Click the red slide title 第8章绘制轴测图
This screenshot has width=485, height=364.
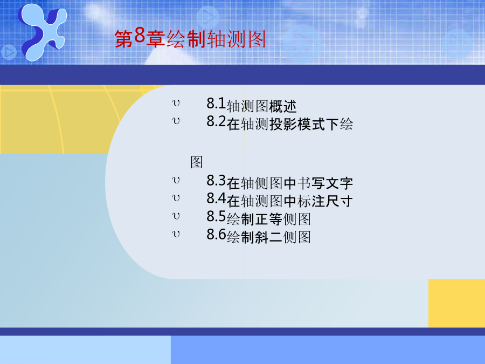click(x=190, y=39)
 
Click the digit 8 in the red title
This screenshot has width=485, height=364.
click(x=140, y=36)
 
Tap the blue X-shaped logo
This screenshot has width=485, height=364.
click(x=43, y=32)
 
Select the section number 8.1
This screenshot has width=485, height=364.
click(x=216, y=104)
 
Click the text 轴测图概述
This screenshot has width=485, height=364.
click(x=262, y=106)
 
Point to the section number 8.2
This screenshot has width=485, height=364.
click(x=216, y=121)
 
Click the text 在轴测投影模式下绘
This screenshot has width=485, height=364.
click(x=290, y=124)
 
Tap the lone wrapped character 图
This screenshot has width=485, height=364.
click(x=196, y=162)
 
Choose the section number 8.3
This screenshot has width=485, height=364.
click(x=216, y=181)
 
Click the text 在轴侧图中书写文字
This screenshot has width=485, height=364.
click(x=290, y=183)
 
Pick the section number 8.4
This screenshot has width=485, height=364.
click(x=216, y=198)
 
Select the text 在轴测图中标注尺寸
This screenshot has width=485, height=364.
click(x=290, y=201)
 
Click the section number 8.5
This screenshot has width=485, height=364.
click(x=216, y=216)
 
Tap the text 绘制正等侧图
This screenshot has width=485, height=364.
click(x=269, y=219)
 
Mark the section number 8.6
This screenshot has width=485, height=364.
click(x=216, y=235)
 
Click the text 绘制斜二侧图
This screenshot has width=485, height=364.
click(x=269, y=237)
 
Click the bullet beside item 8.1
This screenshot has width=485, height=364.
click(x=176, y=103)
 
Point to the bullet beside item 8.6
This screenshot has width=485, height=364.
click(x=176, y=234)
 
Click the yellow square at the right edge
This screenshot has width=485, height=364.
click(x=456, y=303)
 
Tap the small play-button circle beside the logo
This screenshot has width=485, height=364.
click(x=9, y=52)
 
